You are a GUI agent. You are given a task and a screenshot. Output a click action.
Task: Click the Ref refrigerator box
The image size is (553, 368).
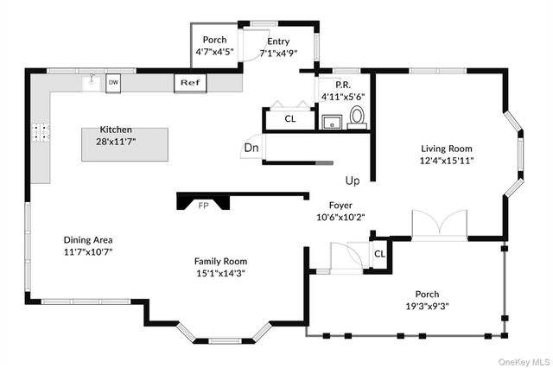[190, 83]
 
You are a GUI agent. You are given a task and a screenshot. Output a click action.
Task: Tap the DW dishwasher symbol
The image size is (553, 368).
[113, 83]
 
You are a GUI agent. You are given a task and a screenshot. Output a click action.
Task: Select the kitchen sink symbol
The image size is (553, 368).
[92, 83]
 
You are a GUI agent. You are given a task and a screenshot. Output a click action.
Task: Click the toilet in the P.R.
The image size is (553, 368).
[357, 117]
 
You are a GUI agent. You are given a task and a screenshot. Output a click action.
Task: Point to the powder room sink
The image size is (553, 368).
[332, 122]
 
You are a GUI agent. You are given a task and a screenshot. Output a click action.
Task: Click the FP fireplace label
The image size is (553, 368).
[204, 206]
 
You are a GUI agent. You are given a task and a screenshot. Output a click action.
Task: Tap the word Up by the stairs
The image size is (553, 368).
[353, 181]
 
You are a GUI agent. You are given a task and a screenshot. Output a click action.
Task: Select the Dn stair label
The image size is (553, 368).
[251, 148]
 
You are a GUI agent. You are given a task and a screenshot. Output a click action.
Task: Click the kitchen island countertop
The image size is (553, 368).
[124, 144]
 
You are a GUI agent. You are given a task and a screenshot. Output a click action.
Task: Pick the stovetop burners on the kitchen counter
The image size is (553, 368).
[41, 132]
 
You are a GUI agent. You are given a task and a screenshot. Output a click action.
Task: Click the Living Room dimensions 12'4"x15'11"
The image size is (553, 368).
[447, 161]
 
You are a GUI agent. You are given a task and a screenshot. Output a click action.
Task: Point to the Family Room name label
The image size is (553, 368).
[221, 261]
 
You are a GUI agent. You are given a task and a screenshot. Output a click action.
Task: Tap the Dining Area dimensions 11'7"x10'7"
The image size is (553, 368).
[88, 252]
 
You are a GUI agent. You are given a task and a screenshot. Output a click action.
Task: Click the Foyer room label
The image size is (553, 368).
[340, 205]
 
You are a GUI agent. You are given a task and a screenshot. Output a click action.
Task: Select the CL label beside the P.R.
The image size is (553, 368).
[290, 119]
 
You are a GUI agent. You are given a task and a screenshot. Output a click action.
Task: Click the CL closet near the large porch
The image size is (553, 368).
[379, 254]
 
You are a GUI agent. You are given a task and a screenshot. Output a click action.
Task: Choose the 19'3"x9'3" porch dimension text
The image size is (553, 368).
[427, 307]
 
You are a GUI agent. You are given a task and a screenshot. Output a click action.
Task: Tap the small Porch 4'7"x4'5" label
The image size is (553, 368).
[215, 46]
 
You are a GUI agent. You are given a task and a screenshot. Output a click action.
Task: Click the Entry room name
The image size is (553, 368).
[278, 41]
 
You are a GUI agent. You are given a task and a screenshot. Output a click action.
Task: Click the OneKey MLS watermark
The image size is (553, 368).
[524, 362]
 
